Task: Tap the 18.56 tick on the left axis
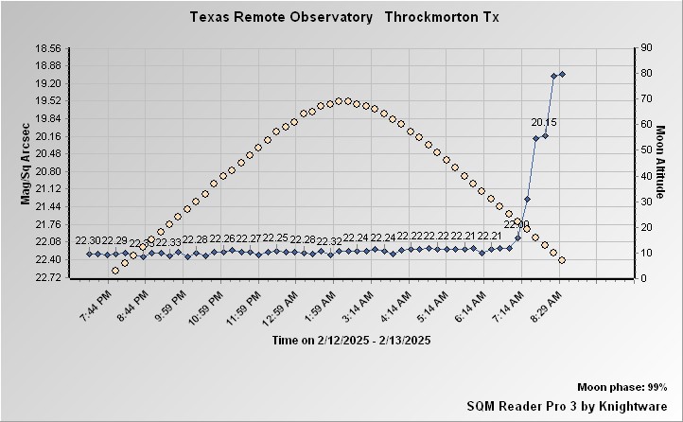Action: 46,48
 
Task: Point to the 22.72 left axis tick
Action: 46,277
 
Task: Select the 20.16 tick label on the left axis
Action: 46,136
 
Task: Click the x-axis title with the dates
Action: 351,340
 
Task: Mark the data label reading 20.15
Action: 544,122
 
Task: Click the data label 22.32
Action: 329,242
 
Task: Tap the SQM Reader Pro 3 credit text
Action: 567,405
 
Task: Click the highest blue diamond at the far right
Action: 562,74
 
